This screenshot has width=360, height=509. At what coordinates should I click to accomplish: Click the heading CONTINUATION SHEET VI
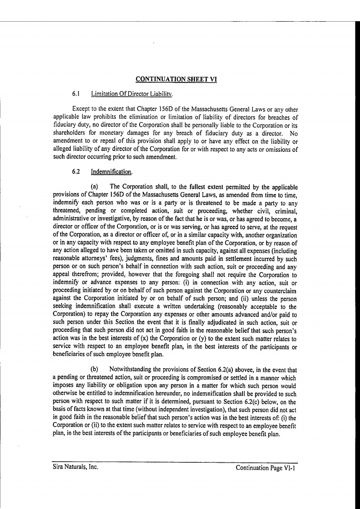tap(176, 79)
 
